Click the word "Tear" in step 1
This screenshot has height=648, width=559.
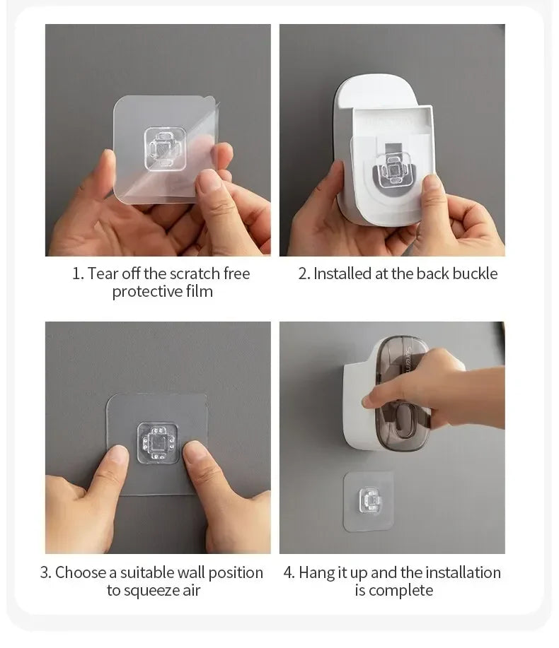(101, 273)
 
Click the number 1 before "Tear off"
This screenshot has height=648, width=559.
(77, 273)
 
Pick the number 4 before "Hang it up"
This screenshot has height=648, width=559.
(289, 572)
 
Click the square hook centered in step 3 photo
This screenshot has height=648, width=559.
(157, 443)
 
